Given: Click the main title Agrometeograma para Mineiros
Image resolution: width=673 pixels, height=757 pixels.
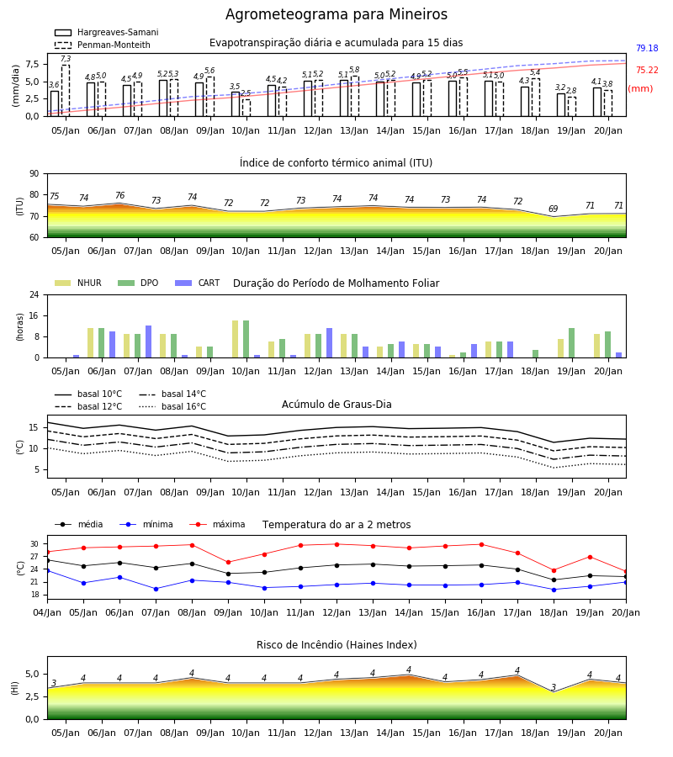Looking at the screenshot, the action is point(336,14).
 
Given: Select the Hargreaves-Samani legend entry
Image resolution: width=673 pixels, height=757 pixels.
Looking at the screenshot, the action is point(107,32).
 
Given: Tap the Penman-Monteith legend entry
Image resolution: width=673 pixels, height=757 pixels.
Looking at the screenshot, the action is point(103,45).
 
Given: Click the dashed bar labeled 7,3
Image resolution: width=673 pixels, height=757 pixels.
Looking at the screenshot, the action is point(66,91).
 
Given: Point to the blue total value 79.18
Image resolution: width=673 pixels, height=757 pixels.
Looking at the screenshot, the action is point(647,48).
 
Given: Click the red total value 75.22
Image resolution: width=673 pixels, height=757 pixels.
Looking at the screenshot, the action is point(647,70).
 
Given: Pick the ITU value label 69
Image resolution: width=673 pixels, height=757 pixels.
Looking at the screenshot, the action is point(554,209).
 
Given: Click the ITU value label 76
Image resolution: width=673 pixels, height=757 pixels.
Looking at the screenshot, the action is point(119,195).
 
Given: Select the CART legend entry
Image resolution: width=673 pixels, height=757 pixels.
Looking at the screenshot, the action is point(198,283).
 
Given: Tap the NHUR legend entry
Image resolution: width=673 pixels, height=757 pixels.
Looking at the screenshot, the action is point(78,283).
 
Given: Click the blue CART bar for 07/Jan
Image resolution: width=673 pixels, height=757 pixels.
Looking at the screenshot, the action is point(149,341).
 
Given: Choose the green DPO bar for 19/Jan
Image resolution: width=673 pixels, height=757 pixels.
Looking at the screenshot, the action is point(571,343).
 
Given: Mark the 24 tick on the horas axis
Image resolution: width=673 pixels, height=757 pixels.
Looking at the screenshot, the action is point(34,294).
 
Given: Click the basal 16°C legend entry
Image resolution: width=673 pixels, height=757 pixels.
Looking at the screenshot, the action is point(172,406).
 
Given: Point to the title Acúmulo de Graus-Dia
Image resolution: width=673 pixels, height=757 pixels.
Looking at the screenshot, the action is point(336,404).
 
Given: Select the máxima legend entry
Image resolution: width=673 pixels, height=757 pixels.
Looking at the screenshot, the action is point(218,524).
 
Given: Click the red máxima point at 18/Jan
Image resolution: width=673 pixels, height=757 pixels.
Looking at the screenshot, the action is point(554,570).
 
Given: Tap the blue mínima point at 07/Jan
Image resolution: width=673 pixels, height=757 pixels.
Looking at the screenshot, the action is point(156,589).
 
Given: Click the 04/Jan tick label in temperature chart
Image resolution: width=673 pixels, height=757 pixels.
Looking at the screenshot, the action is point(47,612).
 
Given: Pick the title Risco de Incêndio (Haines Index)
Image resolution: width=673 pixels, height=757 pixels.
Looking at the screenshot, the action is point(336,645).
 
